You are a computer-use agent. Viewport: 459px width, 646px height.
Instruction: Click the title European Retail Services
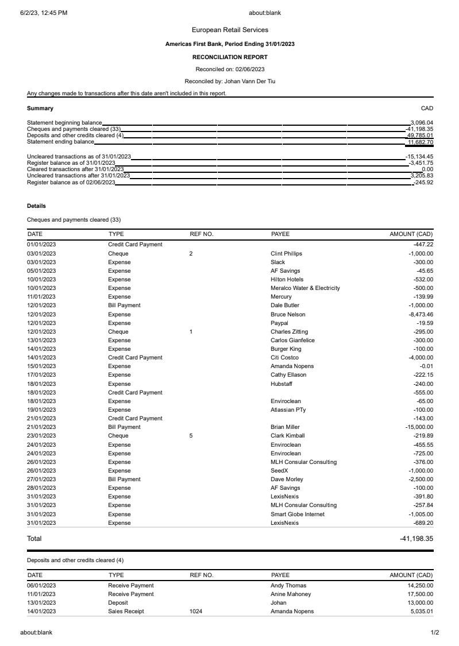pos(230,30)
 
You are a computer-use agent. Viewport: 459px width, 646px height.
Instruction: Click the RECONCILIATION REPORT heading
pos(230,57)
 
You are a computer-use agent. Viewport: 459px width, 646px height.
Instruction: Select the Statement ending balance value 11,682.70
pos(421,142)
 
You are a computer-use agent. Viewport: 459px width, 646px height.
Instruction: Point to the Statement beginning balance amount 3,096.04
pos(422,122)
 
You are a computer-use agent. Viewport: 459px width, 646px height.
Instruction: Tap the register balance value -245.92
pos(423,183)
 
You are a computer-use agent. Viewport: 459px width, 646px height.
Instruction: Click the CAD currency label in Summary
pos(427,108)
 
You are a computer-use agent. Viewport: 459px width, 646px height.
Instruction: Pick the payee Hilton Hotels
pos(287,280)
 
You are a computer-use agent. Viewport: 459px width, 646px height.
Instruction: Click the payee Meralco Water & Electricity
pos(305,288)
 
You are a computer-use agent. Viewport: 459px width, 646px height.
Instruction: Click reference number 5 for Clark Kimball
pos(191,436)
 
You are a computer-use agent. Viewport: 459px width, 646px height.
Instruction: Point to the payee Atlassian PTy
pos(288,410)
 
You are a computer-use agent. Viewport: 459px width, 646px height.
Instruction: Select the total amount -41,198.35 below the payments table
pos(416,539)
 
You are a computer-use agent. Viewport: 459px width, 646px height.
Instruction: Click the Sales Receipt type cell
pos(126,612)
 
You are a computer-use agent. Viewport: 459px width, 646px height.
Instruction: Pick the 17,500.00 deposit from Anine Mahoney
pos(421,594)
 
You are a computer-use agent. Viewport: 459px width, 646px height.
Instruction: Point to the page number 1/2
pos(435,633)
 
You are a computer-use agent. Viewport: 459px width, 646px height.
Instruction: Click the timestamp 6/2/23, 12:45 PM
pos(44,13)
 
